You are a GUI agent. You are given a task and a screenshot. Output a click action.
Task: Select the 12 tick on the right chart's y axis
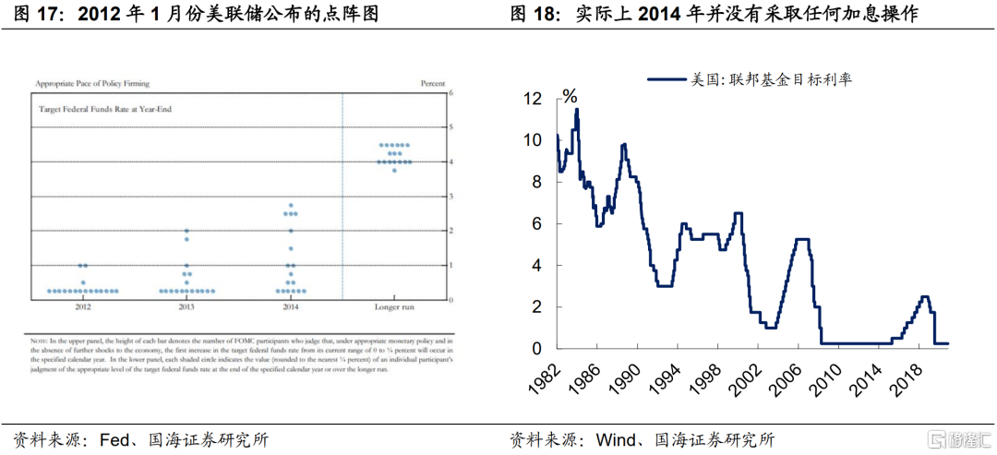[x=534, y=98]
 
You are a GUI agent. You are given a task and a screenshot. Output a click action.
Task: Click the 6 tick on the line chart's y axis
[x=538, y=223]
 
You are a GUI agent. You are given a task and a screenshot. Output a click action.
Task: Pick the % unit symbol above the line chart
[x=570, y=96]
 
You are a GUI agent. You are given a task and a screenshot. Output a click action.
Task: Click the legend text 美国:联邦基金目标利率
[x=772, y=79]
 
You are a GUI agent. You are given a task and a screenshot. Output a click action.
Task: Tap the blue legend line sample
[x=668, y=80]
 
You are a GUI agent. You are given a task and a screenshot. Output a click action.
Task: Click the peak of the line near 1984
[x=577, y=110]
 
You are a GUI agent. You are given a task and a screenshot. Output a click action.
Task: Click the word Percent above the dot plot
[x=433, y=83]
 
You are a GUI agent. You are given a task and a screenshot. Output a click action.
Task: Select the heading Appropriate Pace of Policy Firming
[x=91, y=83]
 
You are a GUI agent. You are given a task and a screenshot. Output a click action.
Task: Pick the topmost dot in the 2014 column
[x=291, y=205]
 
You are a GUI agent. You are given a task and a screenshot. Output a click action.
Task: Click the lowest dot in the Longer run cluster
[x=395, y=171]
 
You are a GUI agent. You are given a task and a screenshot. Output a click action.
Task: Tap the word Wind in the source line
[x=617, y=439]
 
